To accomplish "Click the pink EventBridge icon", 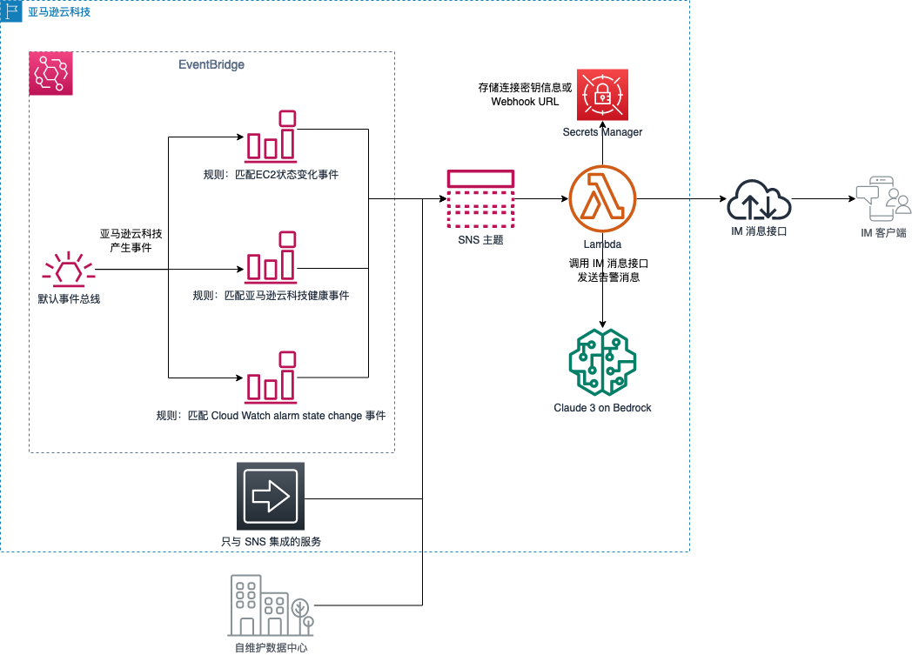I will point(50,73).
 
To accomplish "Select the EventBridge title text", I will point(211,65).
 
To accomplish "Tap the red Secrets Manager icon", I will point(602,94).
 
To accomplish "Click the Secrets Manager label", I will point(602,132).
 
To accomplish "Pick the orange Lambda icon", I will point(602,198).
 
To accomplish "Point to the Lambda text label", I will point(602,244).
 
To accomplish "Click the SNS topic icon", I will point(480,198).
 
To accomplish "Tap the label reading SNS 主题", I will point(480,239).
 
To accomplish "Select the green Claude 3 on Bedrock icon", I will point(602,362).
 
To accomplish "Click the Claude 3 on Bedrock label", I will point(602,408).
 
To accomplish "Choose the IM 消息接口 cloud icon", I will point(759,201).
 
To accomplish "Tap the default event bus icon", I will point(68,270).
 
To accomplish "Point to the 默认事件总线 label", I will point(68,299).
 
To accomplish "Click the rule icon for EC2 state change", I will point(271,137).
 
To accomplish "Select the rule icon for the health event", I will point(271,257).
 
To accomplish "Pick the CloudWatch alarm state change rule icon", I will point(271,378).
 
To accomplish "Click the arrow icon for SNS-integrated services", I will point(271,496).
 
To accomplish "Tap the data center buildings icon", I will point(271,605).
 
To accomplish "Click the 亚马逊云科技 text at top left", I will point(58,12).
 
